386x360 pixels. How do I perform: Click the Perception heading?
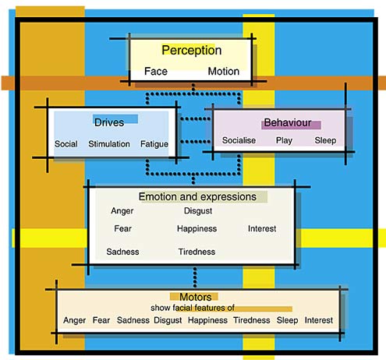[x=192, y=51]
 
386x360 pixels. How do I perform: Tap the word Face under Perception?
[x=156, y=71]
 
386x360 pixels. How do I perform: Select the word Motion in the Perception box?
[x=224, y=71]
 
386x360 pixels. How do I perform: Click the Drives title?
[x=109, y=122]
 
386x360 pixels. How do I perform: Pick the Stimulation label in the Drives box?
[x=109, y=144]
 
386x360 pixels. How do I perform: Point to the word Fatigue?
[x=154, y=144]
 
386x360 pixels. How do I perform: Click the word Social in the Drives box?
[x=66, y=144]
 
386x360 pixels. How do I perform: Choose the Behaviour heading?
[x=288, y=122]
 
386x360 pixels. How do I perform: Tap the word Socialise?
[x=239, y=140]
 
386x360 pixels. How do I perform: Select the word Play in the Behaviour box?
[x=284, y=140]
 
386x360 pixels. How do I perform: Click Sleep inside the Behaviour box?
[x=325, y=140]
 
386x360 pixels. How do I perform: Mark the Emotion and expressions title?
[x=197, y=196]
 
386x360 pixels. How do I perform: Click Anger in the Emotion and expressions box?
[x=122, y=211]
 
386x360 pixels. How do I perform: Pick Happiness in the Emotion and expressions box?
[x=197, y=228]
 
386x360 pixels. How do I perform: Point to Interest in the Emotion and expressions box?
[x=262, y=228]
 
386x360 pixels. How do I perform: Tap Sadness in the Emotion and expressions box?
[x=122, y=252]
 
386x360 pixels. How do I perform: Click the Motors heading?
[x=196, y=297]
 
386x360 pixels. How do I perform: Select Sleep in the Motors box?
[x=287, y=320]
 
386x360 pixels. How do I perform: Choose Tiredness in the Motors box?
[x=252, y=320]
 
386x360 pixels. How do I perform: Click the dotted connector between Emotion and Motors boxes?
[x=195, y=277]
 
